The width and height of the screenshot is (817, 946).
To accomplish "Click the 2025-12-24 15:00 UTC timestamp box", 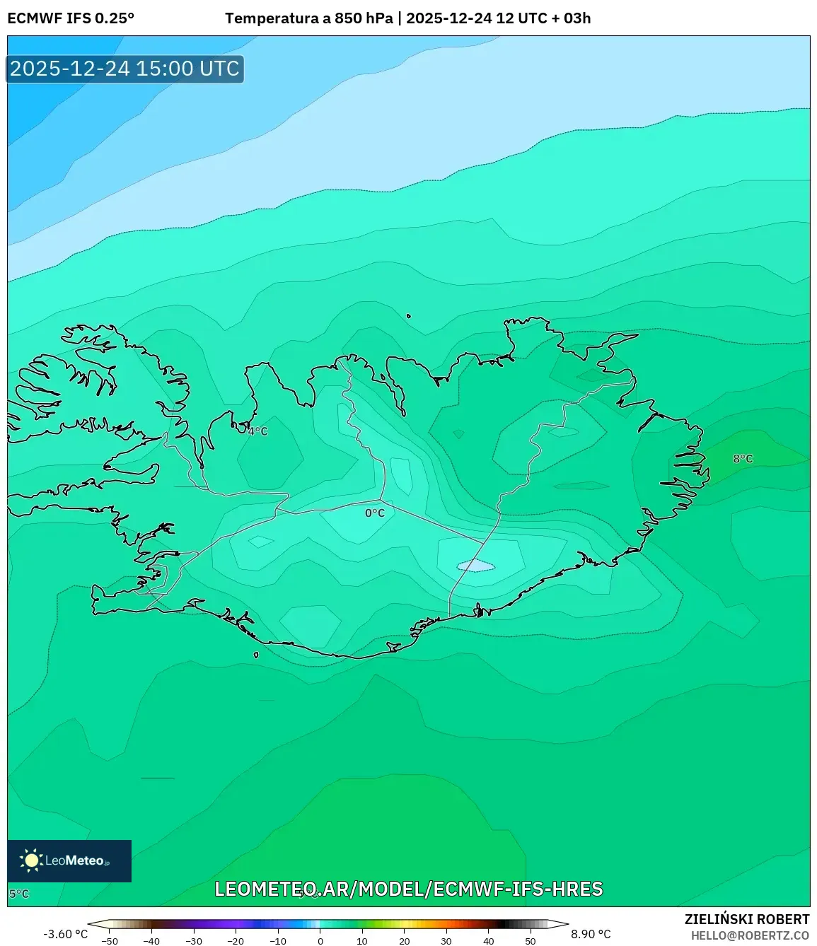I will coord(125,69).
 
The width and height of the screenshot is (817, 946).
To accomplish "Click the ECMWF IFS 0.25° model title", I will coord(71,18).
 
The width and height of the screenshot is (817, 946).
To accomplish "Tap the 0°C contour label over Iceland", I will coord(375,513).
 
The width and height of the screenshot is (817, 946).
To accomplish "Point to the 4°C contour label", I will coord(258,431).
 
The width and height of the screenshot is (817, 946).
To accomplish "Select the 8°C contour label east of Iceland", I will coord(743,459).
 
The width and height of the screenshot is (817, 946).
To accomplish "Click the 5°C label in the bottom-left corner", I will coord(19,894).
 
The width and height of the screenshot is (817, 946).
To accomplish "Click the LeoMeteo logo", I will coord(69,860).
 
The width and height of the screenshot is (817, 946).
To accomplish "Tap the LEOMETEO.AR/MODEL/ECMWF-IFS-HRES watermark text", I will coord(409,889).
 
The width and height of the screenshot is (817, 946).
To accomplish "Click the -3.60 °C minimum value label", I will coord(66,934).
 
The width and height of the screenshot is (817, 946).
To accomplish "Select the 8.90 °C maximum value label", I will coord(591,934).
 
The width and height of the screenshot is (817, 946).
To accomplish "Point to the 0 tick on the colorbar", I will coord(320,941).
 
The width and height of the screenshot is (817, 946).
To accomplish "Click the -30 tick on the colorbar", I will coord(194,941).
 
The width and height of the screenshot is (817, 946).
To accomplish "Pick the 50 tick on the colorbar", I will coord(531,941).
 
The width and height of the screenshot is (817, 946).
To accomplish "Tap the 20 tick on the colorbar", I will coord(405,941).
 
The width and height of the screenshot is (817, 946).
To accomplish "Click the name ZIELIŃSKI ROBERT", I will coord(746,919).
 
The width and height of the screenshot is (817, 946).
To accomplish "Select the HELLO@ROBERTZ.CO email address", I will coord(750,935).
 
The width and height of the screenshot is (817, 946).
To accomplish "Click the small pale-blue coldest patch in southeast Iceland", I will coord(475,566).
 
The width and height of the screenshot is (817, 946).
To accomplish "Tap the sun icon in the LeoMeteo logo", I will coord(31,860).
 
